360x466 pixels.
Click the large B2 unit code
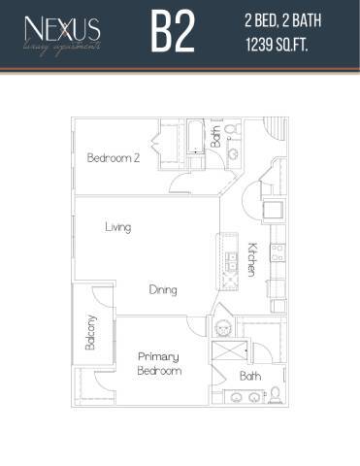[173, 33]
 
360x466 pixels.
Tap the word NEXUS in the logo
[64, 26]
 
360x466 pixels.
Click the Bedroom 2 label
[114, 158]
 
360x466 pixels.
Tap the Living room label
[118, 227]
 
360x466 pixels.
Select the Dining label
[162, 289]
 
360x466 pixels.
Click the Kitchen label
[251, 259]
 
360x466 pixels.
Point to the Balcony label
[90, 333]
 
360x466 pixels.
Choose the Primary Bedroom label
[158, 363]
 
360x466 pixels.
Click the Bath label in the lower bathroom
[250, 376]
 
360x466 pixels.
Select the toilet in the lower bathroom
[276, 393]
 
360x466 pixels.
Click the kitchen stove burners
[277, 254]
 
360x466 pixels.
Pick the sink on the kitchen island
[231, 261]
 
